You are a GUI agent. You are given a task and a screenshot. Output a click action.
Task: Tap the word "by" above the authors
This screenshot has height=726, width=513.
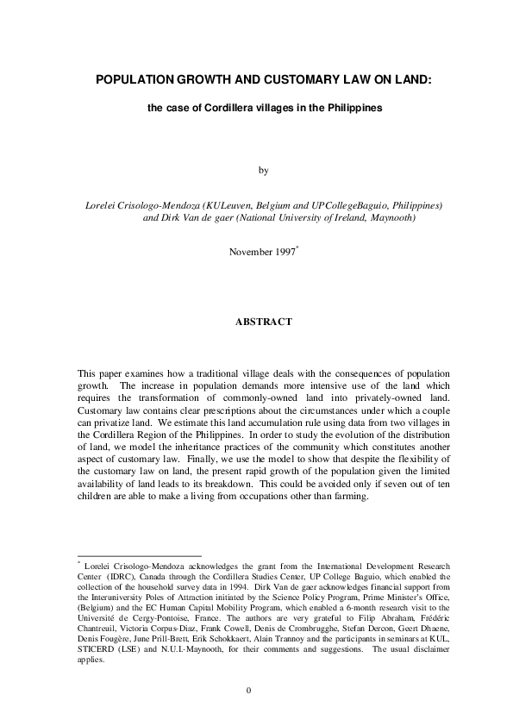pos(264,170)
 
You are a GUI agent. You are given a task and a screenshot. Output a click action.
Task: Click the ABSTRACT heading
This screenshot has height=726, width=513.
pos(264,322)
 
